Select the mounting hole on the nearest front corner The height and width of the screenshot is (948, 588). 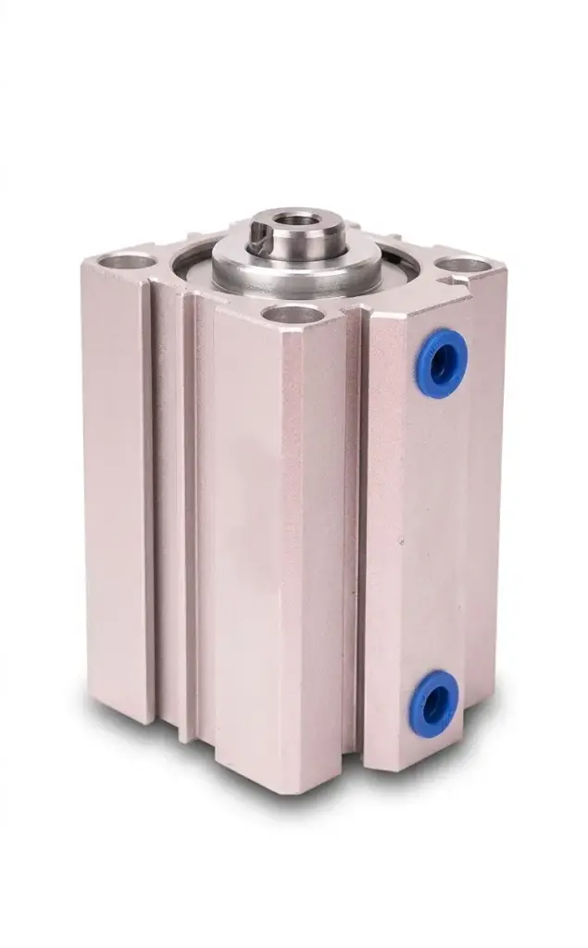point(292,315)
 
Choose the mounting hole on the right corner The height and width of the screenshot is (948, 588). point(463,264)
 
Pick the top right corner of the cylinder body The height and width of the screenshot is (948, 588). point(506,268)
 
